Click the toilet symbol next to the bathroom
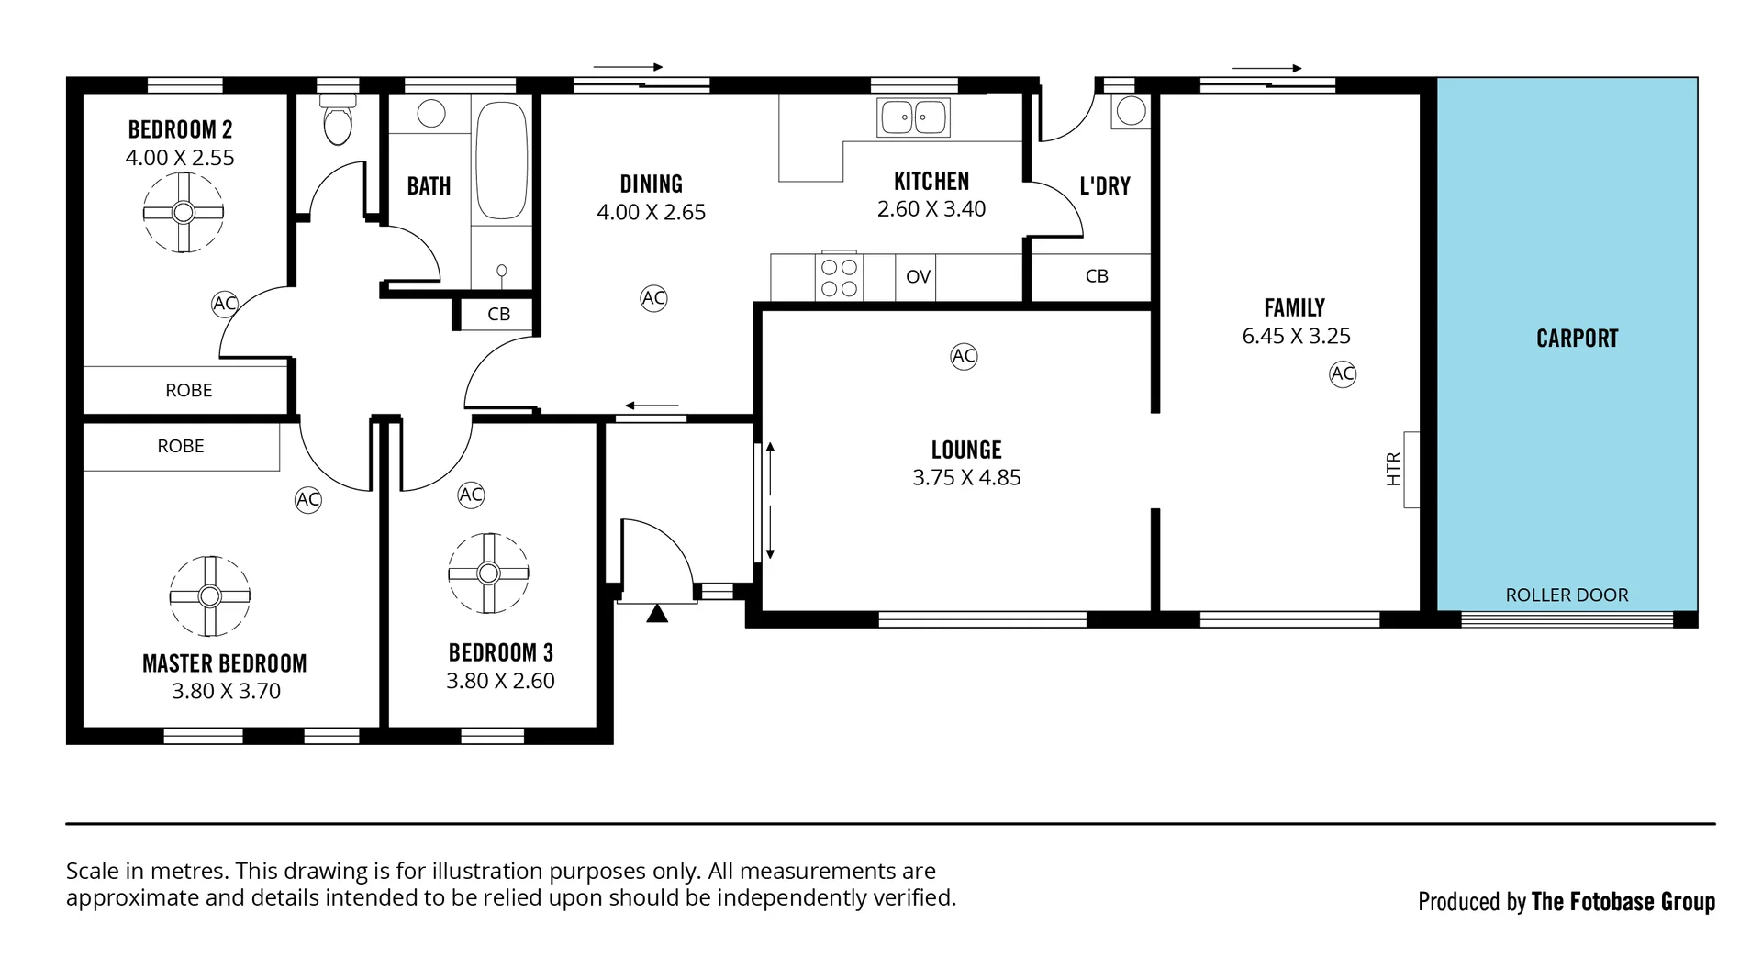click(x=338, y=121)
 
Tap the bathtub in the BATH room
click(x=501, y=161)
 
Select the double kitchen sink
click(x=913, y=117)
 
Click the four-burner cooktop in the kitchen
click(x=839, y=277)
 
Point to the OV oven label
click(x=918, y=277)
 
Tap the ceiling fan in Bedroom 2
click(x=184, y=212)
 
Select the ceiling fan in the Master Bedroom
click(x=209, y=596)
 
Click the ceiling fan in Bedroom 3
click(x=488, y=573)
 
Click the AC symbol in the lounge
click(x=964, y=356)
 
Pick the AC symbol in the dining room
click(x=653, y=298)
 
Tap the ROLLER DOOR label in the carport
click(x=1567, y=595)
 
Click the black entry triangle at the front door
click(x=657, y=614)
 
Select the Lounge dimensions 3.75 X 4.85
click(x=966, y=477)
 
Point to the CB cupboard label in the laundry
click(x=1097, y=276)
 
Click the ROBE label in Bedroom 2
click(x=188, y=390)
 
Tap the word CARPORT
click(x=1577, y=339)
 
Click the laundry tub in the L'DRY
click(x=1131, y=111)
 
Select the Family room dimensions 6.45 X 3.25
click(x=1296, y=336)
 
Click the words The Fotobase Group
click(x=1623, y=902)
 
